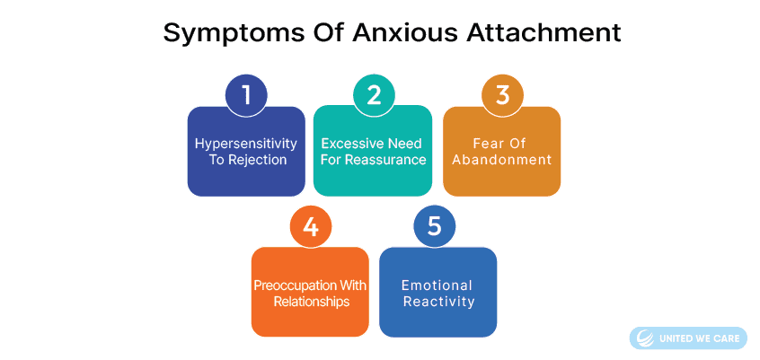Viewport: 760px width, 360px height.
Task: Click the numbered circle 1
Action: point(246,95)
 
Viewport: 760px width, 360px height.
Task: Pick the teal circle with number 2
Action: point(373,95)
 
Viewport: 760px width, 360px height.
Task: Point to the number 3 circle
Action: point(503,95)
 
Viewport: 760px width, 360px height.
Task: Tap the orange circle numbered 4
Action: point(311,227)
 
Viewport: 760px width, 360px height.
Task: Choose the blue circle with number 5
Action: point(434,227)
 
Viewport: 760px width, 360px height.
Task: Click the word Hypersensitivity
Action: point(246,145)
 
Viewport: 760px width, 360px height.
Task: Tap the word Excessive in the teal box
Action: point(353,144)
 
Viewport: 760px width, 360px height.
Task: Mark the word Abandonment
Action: point(502,160)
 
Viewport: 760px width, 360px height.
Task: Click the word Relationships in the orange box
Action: point(311,302)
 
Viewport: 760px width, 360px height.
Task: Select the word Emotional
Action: point(437,285)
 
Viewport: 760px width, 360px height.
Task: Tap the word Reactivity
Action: point(438,302)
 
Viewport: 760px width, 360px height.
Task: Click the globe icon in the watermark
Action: point(645,338)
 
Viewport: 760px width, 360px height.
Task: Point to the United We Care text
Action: point(699,338)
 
